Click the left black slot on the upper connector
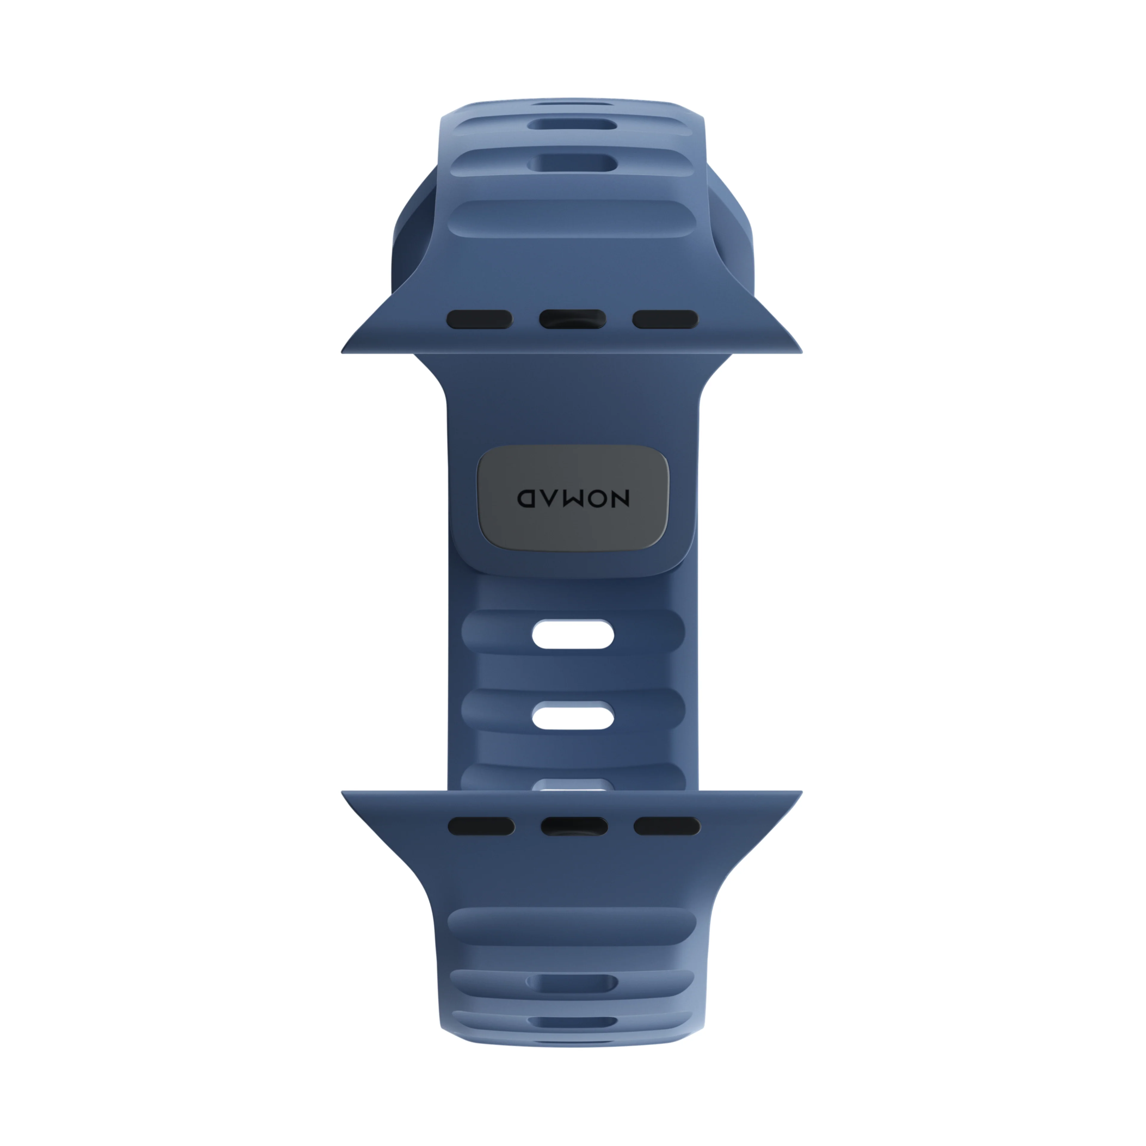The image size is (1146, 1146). pyautogui.click(x=479, y=319)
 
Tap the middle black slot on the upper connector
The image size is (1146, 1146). pyautogui.click(x=572, y=319)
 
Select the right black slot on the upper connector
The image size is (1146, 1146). pyautogui.click(x=665, y=319)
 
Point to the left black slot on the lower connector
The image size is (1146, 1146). pyautogui.click(x=481, y=826)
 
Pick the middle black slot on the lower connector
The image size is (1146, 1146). pyautogui.click(x=574, y=826)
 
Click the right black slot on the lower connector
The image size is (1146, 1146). pyautogui.click(x=667, y=826)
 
